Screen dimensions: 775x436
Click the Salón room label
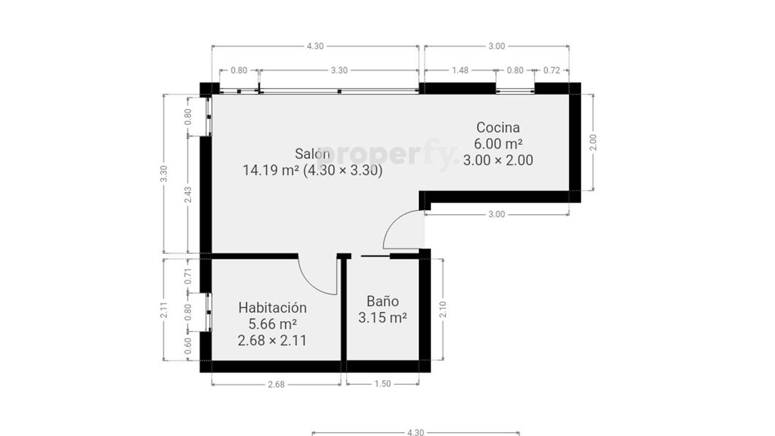click(x=312, y=154)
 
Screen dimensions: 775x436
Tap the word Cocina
click(x=498, y=127)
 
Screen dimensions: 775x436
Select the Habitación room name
click(x=273, y=308)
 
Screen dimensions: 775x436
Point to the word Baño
click(x=383, y=301)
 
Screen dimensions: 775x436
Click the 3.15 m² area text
click(x=382, y=318)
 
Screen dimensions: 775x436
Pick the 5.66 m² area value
click(x=273, y=324)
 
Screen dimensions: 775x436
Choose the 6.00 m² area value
click(x=498, y=143)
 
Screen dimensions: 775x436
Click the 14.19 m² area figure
click(x=271, y=170)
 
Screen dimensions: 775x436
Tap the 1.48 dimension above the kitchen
click(x=460, y=70)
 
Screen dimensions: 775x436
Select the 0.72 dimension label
click(x=552, y=70)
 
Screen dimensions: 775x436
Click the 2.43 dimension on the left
click(x=188, y=195)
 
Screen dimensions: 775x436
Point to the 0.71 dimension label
click(x=188, y=276)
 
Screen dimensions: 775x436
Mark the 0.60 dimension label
click(x=188, y=346)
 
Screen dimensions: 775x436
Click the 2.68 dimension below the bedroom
click(x=276, y=385)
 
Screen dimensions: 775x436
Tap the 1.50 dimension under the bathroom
click(x=383, y=384)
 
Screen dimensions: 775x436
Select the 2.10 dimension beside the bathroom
click(x=443, y=310)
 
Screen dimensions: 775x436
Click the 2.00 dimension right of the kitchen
click(x=593, y=142)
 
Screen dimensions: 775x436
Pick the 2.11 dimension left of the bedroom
click(x=164, y=310)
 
